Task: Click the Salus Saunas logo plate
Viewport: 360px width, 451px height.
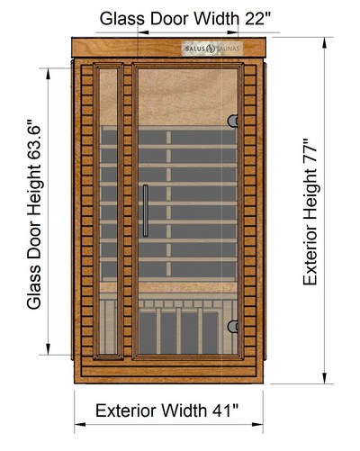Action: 211,48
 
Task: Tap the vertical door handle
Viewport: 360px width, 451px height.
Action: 146,211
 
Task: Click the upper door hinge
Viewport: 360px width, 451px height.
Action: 233,121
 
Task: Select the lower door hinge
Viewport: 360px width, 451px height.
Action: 233,326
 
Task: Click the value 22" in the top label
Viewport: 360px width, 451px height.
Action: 257,19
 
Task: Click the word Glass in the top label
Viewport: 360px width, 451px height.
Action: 122,19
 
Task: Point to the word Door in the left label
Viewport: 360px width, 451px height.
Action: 33,239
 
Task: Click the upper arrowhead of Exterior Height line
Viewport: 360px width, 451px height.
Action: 324,43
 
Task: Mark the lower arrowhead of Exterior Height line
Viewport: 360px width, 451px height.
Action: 324,378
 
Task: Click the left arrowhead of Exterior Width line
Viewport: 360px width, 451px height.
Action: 80,424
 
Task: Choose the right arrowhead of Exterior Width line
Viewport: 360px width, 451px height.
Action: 257,424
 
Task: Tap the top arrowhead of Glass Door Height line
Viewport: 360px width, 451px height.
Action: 48,74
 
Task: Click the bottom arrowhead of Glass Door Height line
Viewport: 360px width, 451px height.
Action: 48,349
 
